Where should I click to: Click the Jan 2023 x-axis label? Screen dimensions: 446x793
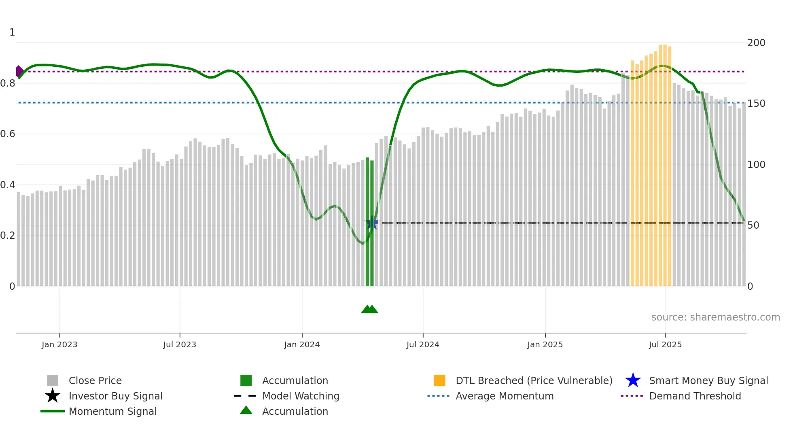click(59, 345)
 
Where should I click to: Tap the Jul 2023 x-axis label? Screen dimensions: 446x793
click(180, 345)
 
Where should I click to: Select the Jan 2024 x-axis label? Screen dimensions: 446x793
click(302, 345)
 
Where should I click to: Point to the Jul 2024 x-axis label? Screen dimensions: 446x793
click(423, 345)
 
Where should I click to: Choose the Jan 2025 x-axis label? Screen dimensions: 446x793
click(545, 345)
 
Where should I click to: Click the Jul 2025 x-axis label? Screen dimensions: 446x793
click(665, 345)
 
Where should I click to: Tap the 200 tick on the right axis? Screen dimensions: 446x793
click(756, 43)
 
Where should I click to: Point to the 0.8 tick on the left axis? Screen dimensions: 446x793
click(8, 83)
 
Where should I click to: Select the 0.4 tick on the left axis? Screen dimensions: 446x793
click(8, 185)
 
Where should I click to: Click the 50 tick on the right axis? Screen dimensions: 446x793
click(753, 225)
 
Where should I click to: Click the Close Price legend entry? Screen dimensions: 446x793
click(95, 381)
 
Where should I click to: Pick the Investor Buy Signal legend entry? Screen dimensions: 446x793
click(115, 396)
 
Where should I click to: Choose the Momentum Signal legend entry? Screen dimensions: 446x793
click(112, 412)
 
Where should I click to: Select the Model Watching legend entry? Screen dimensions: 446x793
click(301, 396)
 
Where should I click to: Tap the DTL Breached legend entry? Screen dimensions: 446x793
click(534, 381)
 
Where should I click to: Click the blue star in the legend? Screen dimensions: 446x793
click(633, 381)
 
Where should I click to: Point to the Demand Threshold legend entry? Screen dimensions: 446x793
click(695, 396)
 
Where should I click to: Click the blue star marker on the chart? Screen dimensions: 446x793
click(372, 223)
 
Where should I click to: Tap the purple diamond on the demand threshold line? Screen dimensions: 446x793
click(19, 72)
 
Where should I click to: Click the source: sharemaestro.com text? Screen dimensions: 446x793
click(715, 317)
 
